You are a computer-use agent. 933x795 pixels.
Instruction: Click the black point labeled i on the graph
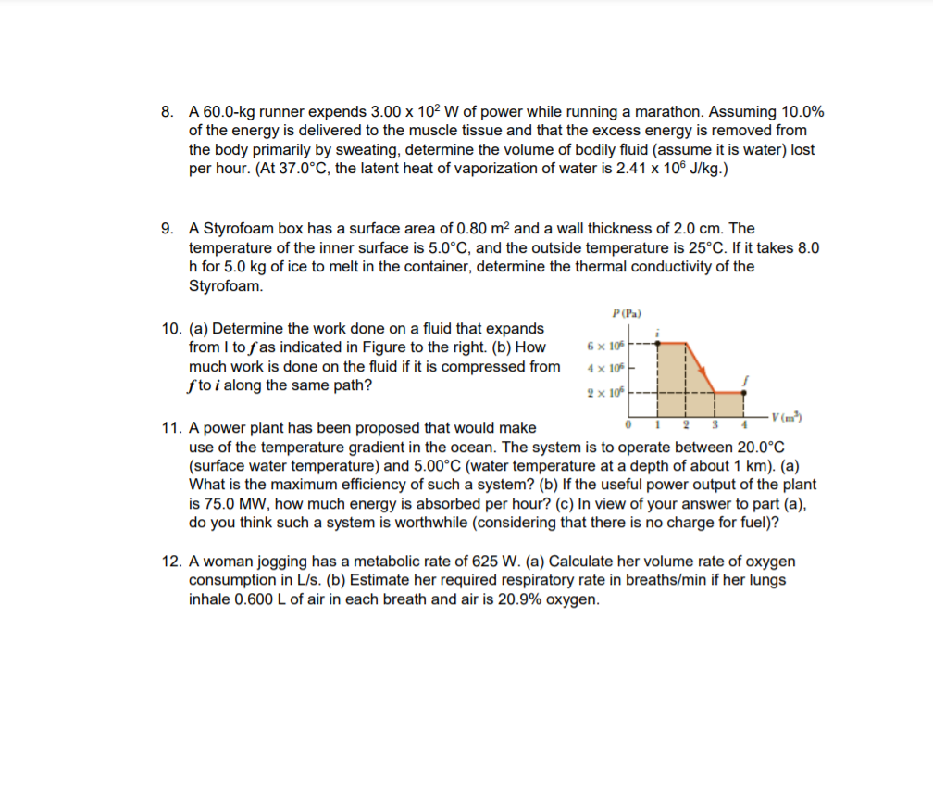pos(658,341)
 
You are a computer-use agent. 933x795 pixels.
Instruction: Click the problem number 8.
pos(166,112)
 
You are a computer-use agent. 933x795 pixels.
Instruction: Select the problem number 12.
pos(169,562)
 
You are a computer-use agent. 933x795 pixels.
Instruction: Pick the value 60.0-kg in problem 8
pos(230,112)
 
